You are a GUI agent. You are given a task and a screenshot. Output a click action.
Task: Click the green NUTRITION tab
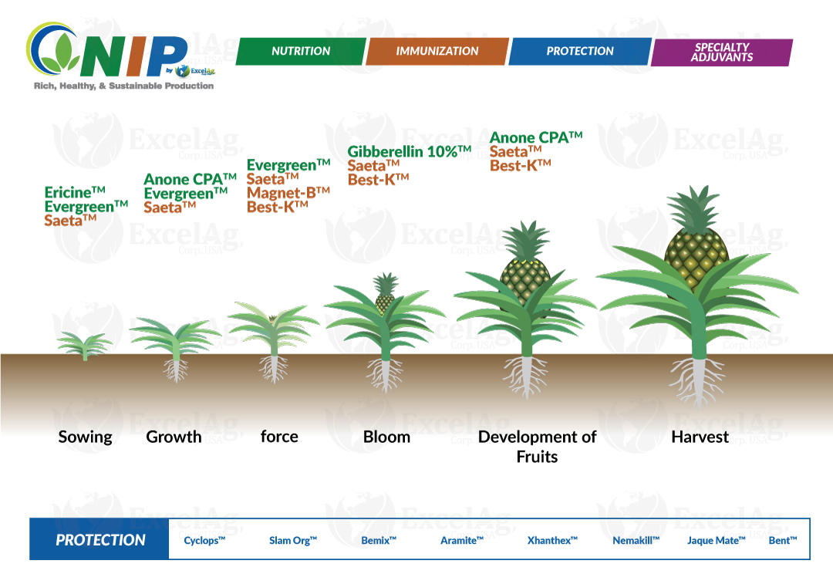point(301,52)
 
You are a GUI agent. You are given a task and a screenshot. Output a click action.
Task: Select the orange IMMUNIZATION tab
point(437,52)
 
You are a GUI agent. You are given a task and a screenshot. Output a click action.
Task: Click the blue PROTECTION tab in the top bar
point(580,52)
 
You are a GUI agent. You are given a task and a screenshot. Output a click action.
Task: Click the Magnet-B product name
point(288,192)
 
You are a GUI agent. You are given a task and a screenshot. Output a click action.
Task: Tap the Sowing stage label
point(85,437)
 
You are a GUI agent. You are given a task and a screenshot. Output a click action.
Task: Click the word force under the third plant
point(279,437)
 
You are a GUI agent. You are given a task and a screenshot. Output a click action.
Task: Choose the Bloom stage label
point(386,437)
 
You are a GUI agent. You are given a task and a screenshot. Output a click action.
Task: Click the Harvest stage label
point(700,437)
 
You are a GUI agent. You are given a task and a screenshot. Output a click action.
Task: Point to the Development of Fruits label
point(537,446)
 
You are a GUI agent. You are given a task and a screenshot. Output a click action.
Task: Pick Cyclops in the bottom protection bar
point(204,541)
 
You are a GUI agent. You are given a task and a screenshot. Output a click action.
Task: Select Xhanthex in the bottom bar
point(552,541)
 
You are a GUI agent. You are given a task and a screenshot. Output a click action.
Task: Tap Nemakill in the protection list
point(636,541)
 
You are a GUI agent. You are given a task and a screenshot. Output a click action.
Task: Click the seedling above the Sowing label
point(84,345)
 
